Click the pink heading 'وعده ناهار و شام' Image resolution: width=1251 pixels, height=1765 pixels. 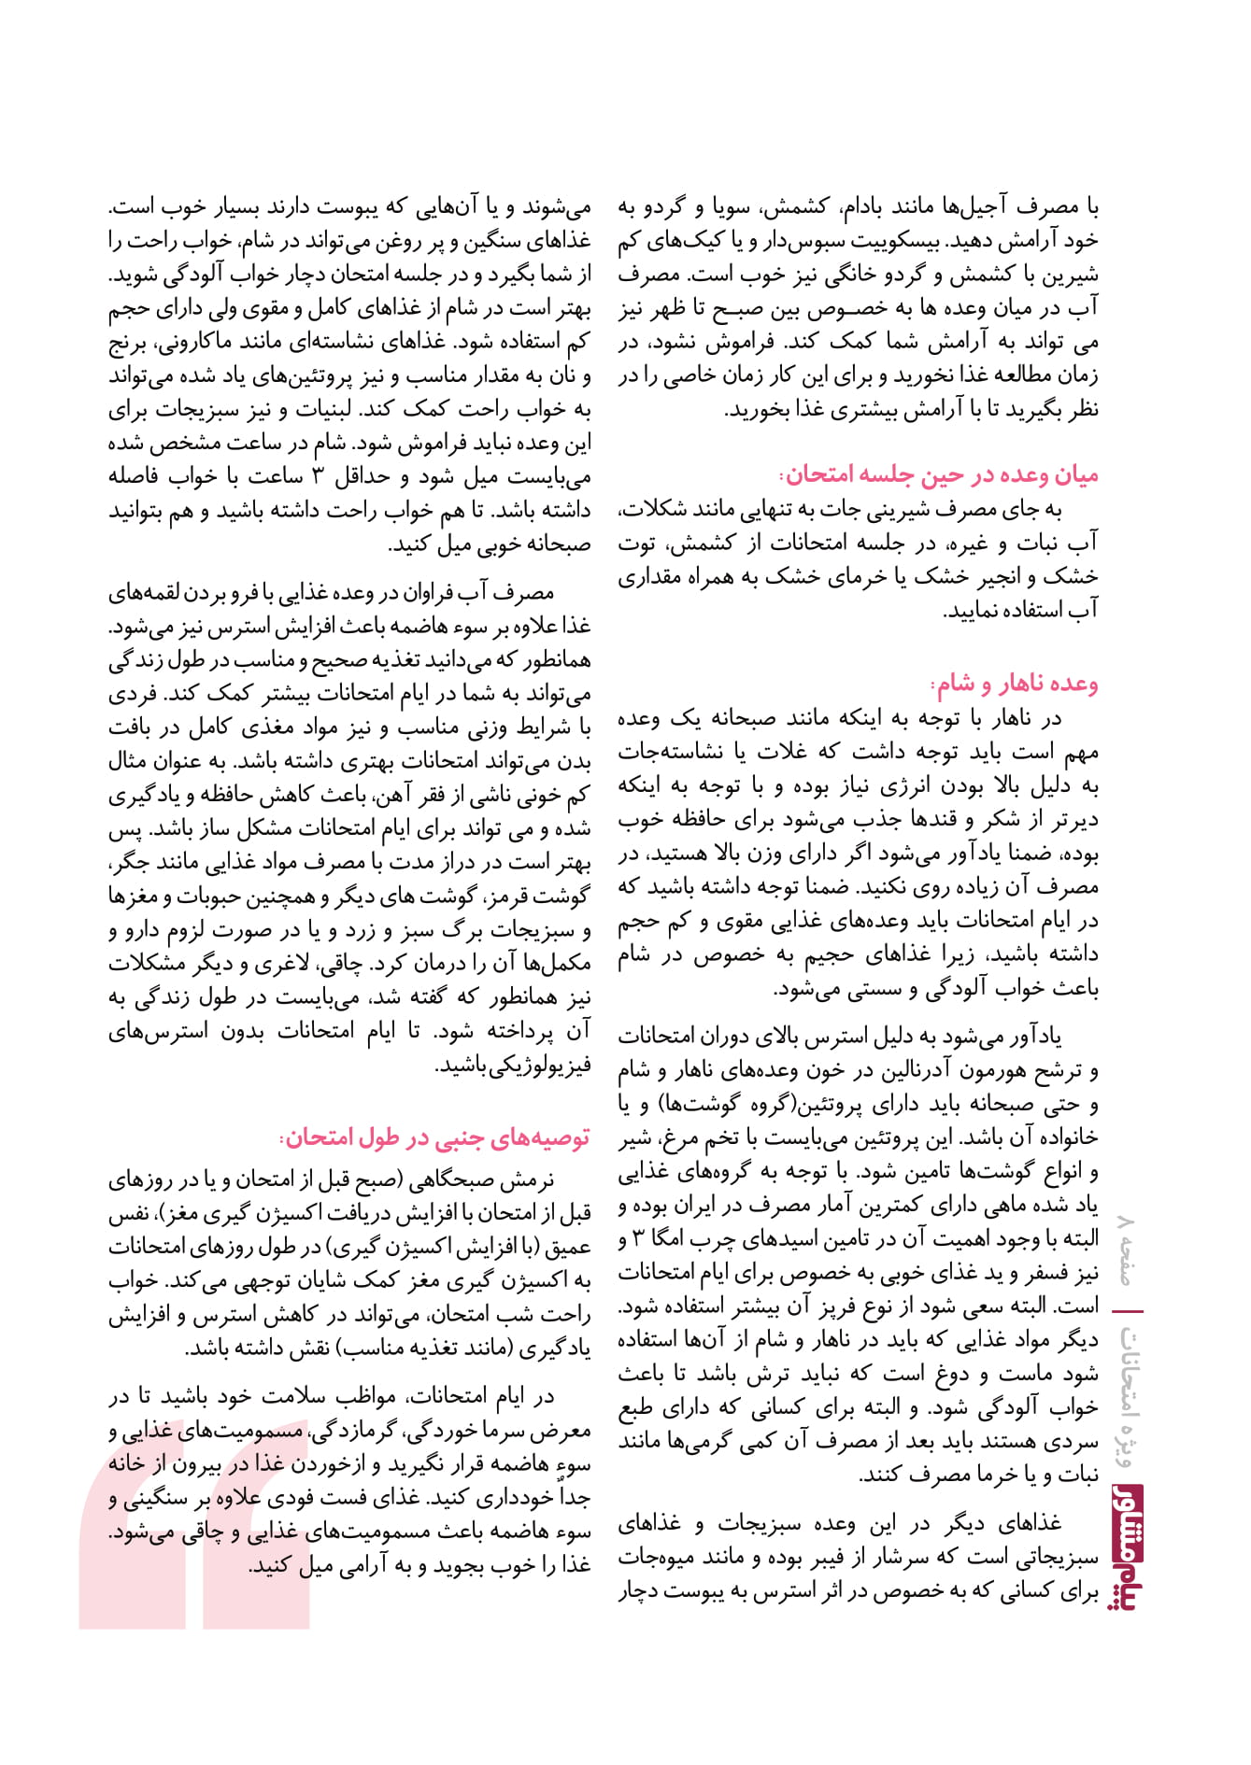click(1016, 684)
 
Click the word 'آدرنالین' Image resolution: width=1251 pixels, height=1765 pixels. click(903, 1070)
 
